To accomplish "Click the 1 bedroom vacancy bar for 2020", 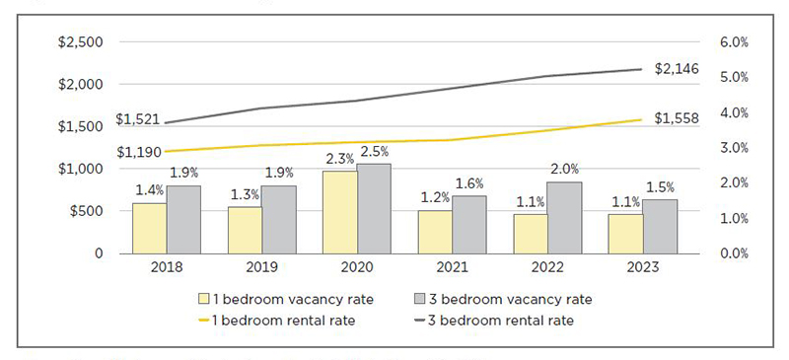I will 340,212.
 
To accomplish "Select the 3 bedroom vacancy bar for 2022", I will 564,217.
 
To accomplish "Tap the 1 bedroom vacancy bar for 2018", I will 150,228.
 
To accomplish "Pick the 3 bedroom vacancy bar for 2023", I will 660,226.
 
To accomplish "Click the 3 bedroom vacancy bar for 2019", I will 279,219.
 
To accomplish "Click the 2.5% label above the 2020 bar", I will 374,152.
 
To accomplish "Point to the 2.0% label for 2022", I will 564,169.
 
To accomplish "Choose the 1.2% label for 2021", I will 434,197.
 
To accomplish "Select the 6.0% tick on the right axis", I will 735,42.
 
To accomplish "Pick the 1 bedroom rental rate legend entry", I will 271,320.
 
